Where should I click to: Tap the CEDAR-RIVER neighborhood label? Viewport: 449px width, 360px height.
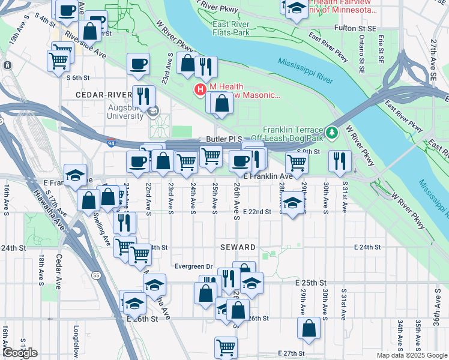pos(103,95)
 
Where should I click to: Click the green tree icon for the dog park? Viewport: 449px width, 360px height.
pos(331,131)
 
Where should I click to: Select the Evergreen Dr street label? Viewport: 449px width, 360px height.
pos(193,266)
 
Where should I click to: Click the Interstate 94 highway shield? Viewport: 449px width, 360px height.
pos(112,142)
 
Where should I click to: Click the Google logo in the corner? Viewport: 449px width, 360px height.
pos(20,352)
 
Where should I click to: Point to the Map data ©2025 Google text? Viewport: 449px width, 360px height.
pos(411,355)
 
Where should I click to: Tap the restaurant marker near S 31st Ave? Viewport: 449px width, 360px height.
pos(340,160)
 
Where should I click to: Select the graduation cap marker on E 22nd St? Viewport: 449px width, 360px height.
pos(292,204)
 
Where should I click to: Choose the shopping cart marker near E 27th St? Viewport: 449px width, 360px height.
pos(226,346)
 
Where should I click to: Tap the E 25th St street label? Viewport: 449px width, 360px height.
pos(310,282)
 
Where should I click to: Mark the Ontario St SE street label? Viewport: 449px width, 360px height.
pos(362,54)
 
